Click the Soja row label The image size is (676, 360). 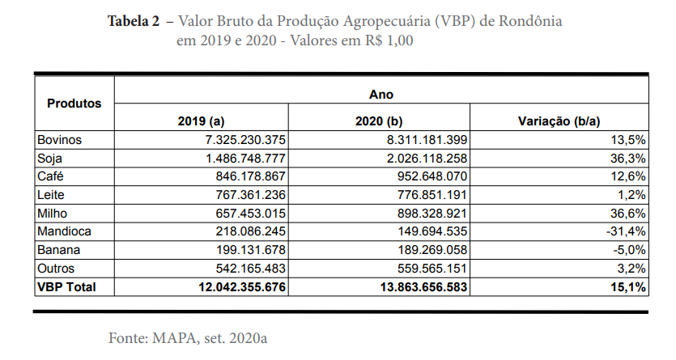[49, 159]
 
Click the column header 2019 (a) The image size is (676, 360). [200, 121]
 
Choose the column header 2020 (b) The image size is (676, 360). [380, 121]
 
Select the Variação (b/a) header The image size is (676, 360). [559, 121]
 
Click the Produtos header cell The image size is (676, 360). [74, 104]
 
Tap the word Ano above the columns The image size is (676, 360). [381, 94]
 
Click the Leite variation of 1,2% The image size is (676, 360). [631, 195]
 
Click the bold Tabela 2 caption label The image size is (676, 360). [134, 22]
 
